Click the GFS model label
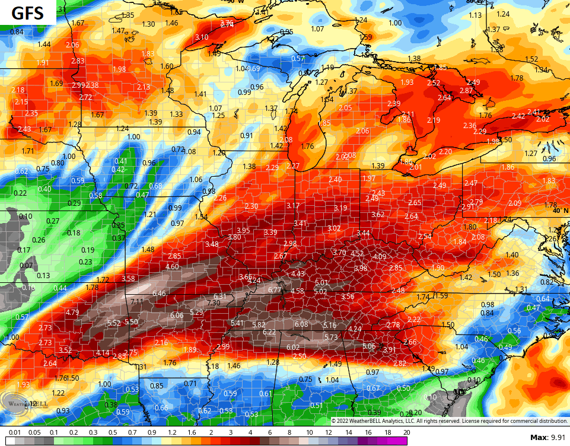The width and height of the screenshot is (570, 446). coord(28,12)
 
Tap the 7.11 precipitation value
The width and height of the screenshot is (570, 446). coord(137,302)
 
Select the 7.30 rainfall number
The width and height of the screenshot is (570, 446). coord(214,303)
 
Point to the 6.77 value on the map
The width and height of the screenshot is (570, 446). coord(274,290)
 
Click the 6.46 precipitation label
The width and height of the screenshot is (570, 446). coord(159,294)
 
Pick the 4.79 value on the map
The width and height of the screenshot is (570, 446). coord(72,313)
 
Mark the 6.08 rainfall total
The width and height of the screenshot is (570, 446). coord(301,324)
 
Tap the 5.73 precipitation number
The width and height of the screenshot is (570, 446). coord(330,337)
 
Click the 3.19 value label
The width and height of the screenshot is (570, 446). coord(340,208)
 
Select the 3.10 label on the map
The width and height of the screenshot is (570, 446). coord(202,37)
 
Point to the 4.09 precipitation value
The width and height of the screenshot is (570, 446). coord(380,257)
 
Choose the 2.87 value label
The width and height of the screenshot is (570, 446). coord(466,91)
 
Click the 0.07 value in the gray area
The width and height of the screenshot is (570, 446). coord(27,265)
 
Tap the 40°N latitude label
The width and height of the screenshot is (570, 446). coord(560,211)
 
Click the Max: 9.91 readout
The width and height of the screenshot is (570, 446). coord(547,437)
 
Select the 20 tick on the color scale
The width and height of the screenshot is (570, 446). coord(406,433)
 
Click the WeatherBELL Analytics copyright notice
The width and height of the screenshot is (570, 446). coord(449,421)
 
